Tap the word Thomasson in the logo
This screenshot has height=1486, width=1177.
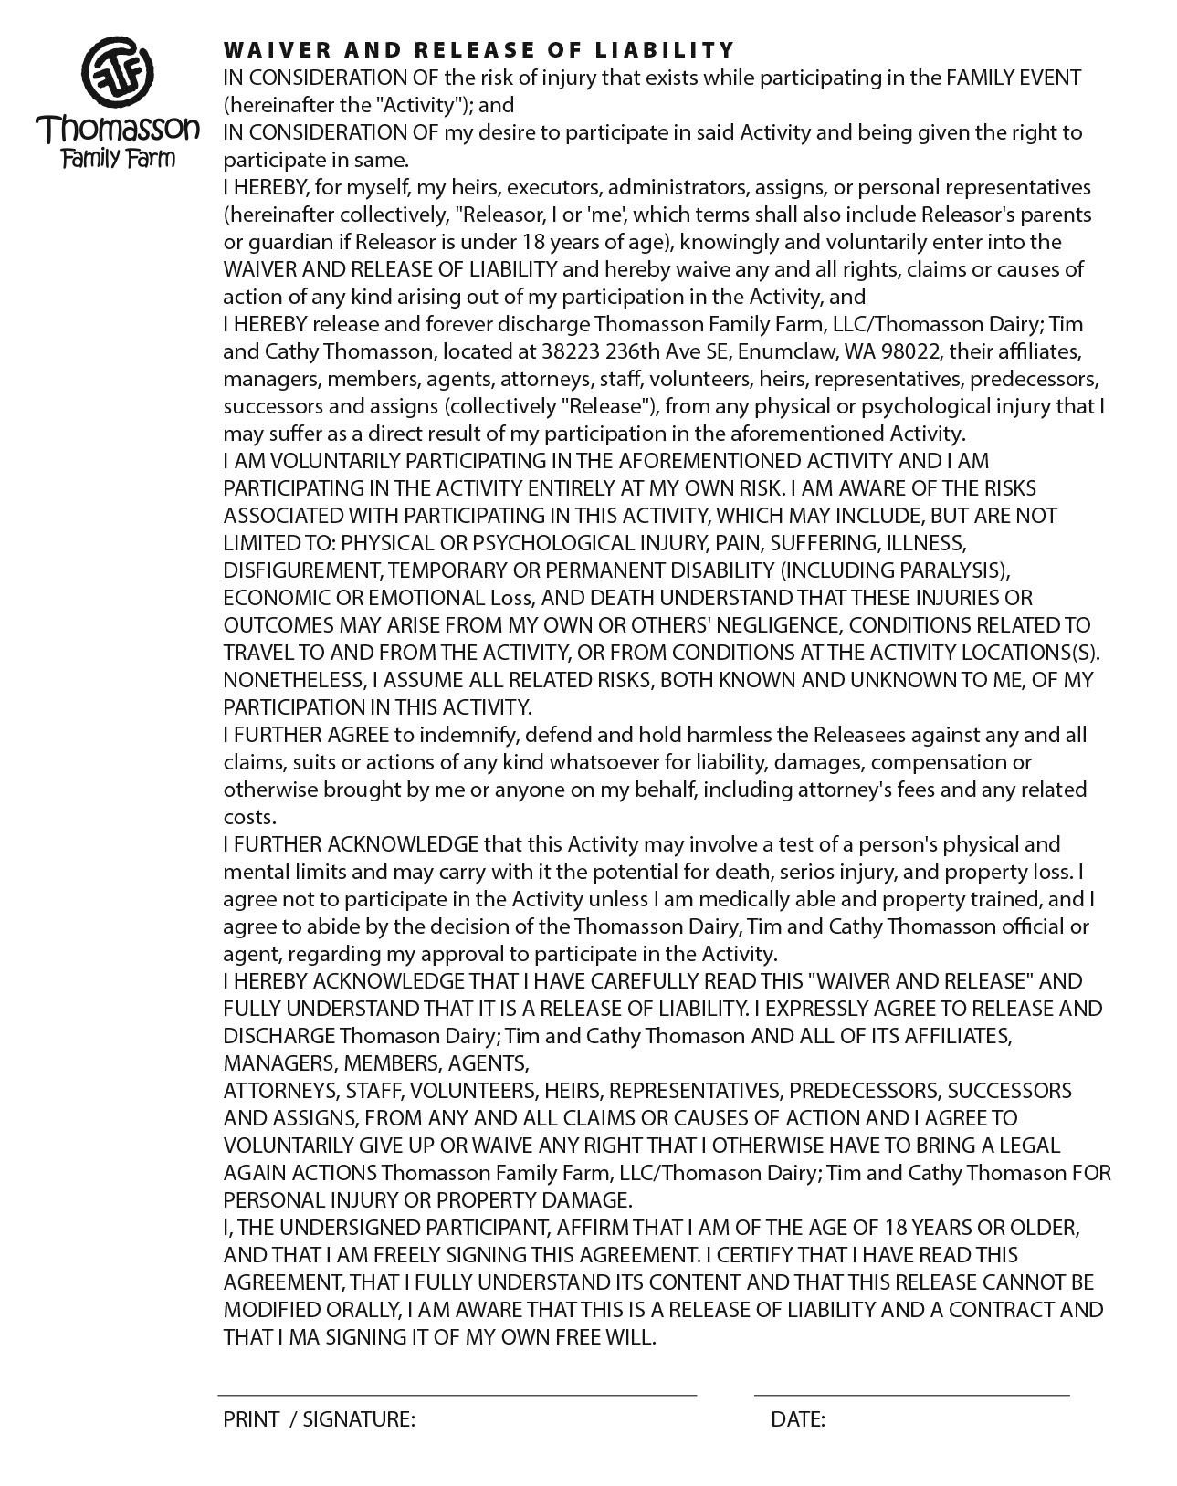118,129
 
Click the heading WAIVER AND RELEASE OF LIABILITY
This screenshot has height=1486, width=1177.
478,49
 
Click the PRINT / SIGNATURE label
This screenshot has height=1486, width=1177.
319,1419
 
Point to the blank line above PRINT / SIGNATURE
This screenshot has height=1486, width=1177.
457,1394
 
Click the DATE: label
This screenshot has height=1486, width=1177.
798,1419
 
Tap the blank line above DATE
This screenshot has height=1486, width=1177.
911,1394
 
